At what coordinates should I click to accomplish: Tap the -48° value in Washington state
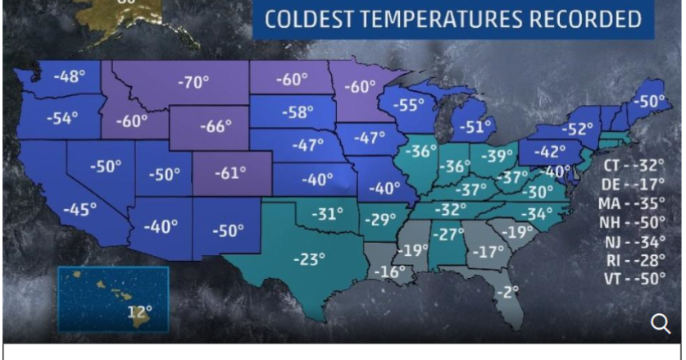click(70, 77)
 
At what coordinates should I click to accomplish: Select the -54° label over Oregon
click(61, 117)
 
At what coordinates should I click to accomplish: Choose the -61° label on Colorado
click(229, 173)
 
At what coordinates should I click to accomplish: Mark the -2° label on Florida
click(511, 291)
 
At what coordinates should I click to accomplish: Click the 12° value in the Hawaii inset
click(140, 312)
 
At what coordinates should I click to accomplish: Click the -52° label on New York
click(577, 129)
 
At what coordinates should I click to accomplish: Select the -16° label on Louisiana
click(389, 271)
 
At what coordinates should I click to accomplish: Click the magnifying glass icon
click(661, 324)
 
